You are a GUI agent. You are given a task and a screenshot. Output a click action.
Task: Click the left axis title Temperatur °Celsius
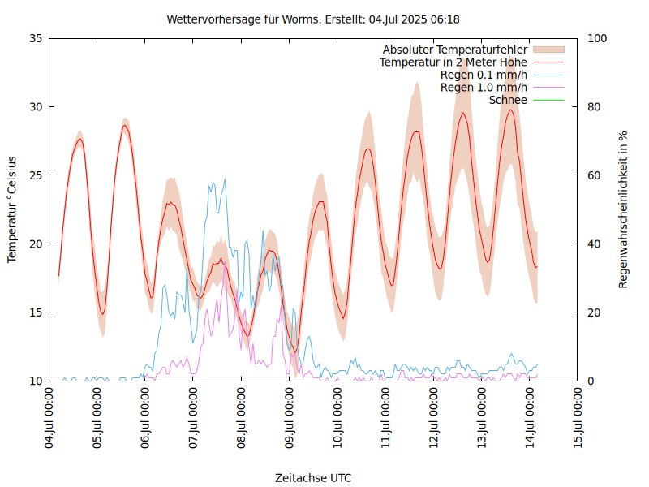click(x=12, y=209)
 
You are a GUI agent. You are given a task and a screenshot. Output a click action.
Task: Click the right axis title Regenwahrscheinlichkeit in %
click(x=624, y=209)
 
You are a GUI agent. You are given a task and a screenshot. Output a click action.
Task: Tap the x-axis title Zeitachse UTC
click(x=313, y=477)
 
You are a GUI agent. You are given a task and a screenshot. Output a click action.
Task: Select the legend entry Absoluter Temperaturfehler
click(x=455, y=50)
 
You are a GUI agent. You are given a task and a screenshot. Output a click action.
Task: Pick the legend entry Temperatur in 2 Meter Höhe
click(x=453, y=62)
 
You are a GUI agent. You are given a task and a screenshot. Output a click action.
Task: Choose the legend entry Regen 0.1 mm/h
click(x=484, y=75)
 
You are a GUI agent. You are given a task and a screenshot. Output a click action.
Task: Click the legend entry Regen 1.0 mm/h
click(x=484, y=87)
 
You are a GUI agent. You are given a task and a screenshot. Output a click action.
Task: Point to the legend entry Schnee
click(x=509, y=100)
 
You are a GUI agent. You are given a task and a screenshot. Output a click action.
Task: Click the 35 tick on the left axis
click(x=36, y=38)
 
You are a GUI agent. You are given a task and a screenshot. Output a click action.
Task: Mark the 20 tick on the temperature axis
click(x=36, y=243)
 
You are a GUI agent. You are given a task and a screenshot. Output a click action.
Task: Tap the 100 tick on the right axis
click(x=596, y=38)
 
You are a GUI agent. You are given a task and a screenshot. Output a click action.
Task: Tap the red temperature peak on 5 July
click(x=125, y=125)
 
